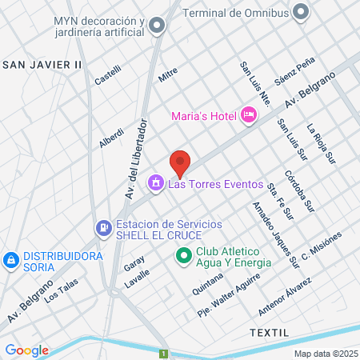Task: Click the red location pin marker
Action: (180, 162)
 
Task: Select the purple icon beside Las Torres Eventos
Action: (155, 185)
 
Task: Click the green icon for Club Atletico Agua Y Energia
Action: (182, 256)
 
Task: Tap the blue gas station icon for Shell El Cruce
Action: (103, 228)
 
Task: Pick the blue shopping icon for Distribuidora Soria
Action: (11, 260)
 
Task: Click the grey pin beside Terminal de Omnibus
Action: (301, 12)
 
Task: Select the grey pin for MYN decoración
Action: (157, 26)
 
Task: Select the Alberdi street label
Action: (111, 137)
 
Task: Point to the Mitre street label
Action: (167, 75)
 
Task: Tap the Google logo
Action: (26, 350)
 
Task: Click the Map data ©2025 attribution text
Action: (324, 354)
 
